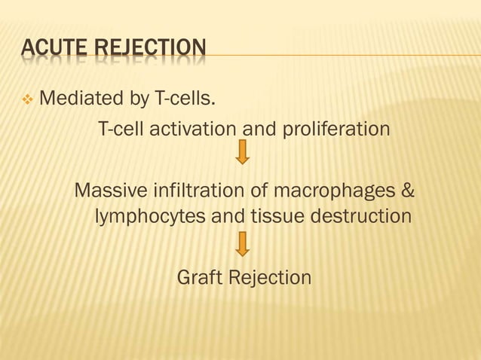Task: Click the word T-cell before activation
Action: pos(123,129)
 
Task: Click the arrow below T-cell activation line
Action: pos(243,153)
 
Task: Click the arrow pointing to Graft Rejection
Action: pos(243,243)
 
